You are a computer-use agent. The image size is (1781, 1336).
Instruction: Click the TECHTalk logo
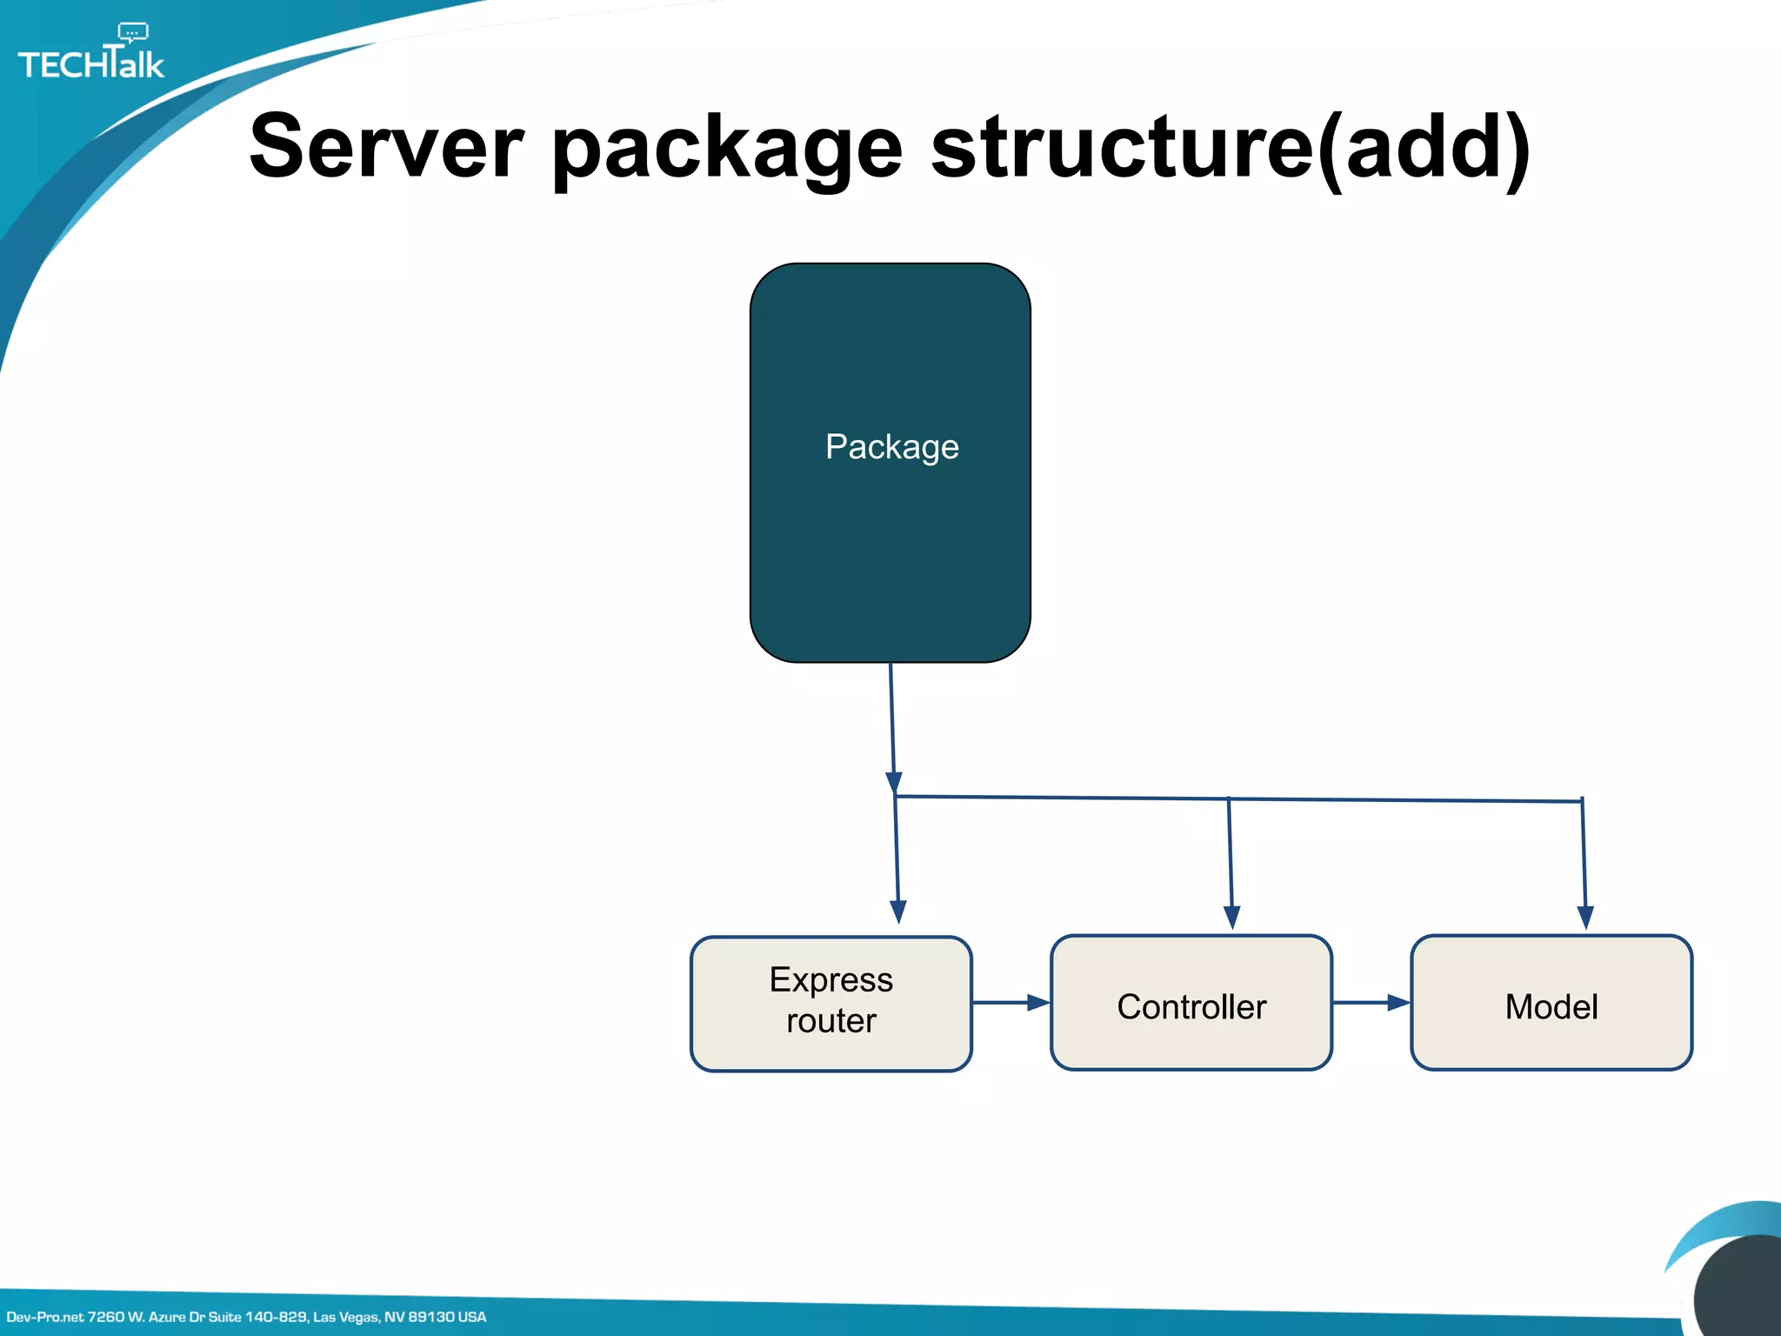point(90,61)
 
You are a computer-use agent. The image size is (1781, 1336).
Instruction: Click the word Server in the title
point(386,148)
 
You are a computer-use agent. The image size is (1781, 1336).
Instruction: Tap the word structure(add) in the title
point(1230,148)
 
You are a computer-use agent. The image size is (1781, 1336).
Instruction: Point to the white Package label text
point(891,447)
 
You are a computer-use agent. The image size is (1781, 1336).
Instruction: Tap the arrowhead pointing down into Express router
point(898,912)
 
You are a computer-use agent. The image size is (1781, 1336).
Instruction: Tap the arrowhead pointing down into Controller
point(1231,917)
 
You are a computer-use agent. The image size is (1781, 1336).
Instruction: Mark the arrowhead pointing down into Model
point(1584,917)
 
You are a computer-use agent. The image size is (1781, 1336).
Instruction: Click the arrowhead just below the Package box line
point(893,782)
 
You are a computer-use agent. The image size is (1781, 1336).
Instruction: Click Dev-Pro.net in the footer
point(44,1317)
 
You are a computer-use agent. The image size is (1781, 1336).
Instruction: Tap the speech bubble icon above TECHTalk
point(132,33)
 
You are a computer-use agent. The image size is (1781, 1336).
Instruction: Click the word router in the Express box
point(830,1021)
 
